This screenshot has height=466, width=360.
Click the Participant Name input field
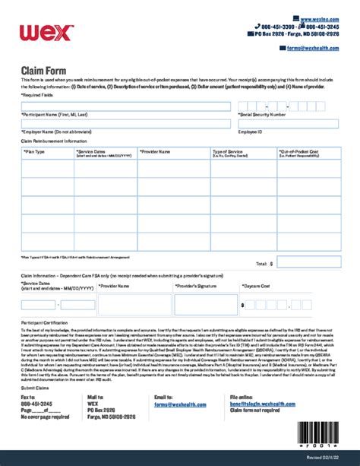pyautogui.click(x=125, y=106)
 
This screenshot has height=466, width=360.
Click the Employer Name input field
pyautogui.click(x=125, y=123)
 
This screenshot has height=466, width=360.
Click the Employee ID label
pyautogui.click(x=251, y=132)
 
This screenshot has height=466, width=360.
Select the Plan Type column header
pyautogui.click(x=34, y=152)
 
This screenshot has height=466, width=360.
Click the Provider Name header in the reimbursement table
pyautogui.click(x=157, y=152)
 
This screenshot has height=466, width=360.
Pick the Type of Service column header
pyautogui.click(x=227, y=152)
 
